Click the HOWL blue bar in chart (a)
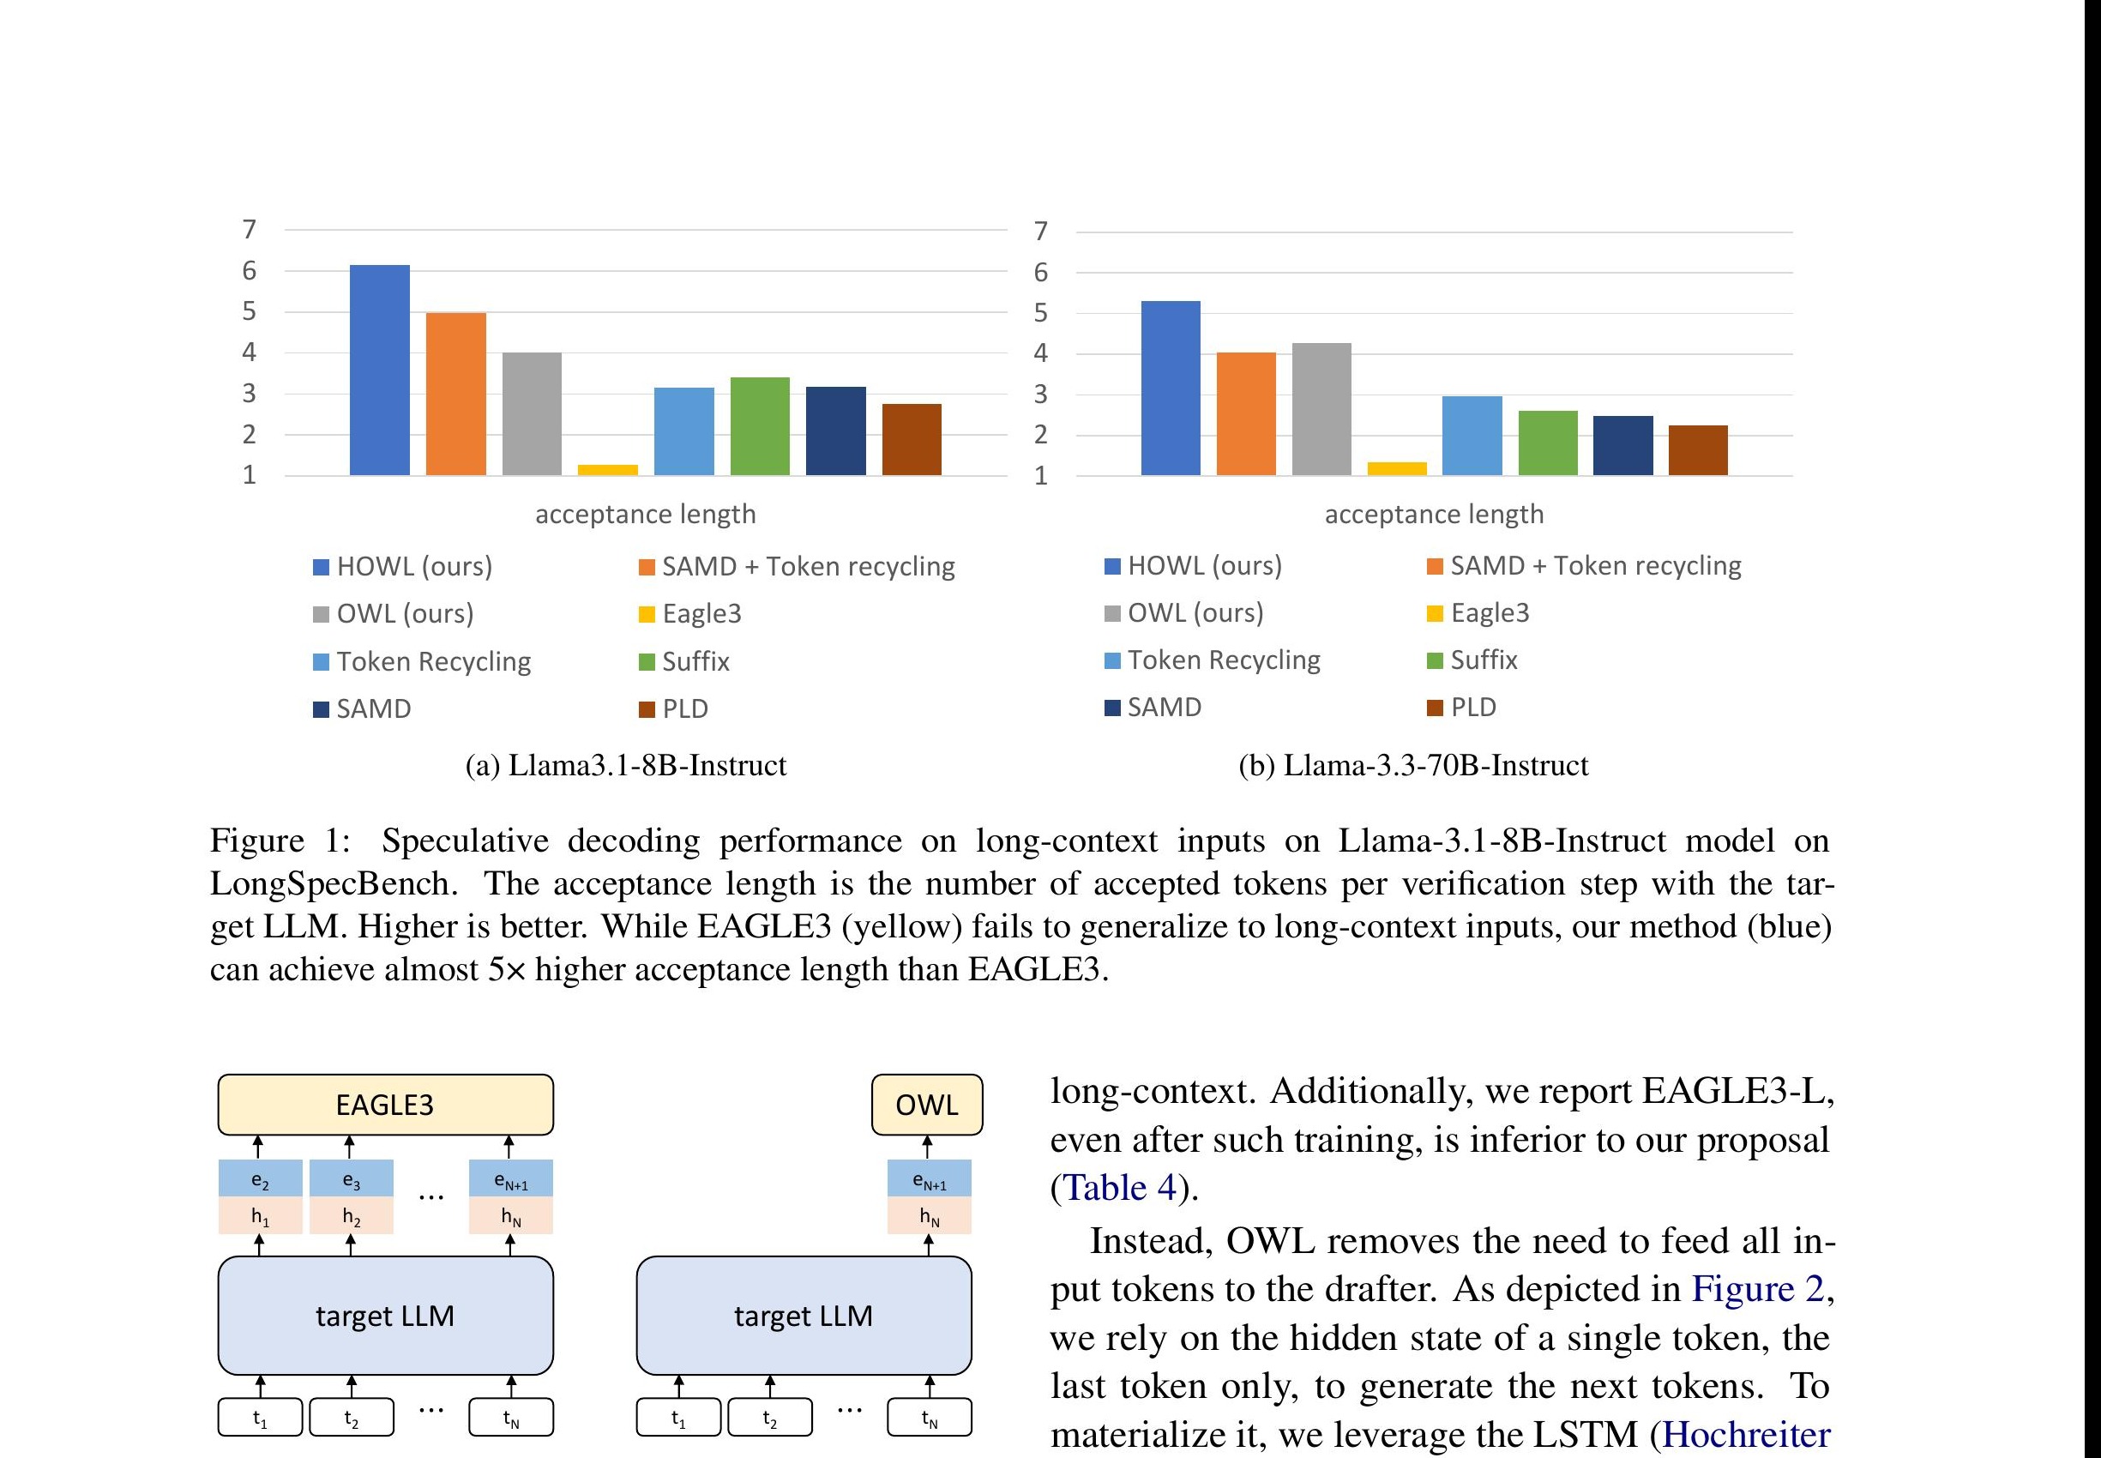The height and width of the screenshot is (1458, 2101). coord(379,370)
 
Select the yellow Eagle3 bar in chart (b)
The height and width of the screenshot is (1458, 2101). coord(1396,468)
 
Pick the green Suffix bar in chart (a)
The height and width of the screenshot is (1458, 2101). coord(759,425)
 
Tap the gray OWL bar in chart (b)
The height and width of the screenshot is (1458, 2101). coord(1321,408)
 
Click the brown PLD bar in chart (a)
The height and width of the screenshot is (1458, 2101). coord(911,439)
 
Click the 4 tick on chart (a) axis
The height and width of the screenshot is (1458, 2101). coord(249,352)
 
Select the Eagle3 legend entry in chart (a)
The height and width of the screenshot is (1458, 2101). coord(701,614)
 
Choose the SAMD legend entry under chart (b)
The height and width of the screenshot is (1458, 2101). coord(1163,707)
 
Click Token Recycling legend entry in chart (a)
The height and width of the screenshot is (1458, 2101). coord(432,661)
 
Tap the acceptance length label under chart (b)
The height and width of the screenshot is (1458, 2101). coord(1433,515)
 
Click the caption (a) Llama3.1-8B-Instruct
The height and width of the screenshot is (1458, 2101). coord(626,766)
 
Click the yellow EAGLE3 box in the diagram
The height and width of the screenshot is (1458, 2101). coord(384,1105)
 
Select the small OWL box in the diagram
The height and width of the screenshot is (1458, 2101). coord(926,1105)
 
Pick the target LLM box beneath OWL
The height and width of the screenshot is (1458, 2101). coord(803,1316)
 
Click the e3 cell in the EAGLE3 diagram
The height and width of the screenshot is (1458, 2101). coord(351,1180)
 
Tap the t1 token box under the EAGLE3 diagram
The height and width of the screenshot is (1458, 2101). coord(260,1419)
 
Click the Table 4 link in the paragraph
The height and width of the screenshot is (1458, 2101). coord(1120,1188)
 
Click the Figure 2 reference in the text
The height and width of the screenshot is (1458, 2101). coord(1757,1289)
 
